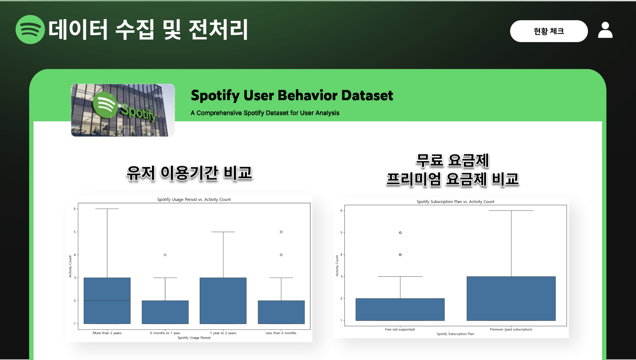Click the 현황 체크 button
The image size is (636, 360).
(549, 31)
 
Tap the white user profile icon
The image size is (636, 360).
(605, 30)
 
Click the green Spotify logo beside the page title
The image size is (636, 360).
(30, 30)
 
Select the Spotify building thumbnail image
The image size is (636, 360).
(123, 110)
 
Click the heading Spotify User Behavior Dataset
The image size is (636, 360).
(292, 95)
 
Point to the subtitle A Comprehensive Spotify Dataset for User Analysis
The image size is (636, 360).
(265, 113)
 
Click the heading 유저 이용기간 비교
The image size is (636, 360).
(189, 173)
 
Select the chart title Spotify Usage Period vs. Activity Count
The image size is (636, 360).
(194, 200)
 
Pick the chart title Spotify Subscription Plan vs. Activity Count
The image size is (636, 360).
(455, 202)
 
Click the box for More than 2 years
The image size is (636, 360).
(107, 301)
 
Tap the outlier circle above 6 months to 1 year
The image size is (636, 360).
(165, 255)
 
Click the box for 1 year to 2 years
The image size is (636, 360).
(223, 301)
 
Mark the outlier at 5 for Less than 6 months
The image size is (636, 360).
(281, 232)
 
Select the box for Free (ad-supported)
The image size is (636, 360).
(400, 310)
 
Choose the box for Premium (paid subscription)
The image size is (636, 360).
(511, 299)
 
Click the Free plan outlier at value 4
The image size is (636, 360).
(400, 255)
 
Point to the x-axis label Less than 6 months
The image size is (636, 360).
(281, 333)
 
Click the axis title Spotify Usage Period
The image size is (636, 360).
(194, 338)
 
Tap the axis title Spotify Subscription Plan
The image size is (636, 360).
(455, 334)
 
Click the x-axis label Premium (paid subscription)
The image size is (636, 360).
(511, 330)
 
